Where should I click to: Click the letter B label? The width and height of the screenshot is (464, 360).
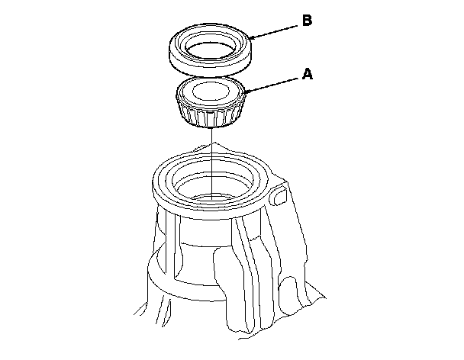coord(307,21)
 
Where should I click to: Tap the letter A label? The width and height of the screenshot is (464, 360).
coord(308,74)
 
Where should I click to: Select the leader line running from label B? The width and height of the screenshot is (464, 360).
coord(273,32)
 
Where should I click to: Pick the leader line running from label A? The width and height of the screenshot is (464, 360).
coord(270,85)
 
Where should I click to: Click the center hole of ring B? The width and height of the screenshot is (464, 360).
coord(211,51)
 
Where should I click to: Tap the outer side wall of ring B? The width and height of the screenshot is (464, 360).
coord(210,67)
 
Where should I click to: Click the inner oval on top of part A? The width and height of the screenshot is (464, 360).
coord(211,91)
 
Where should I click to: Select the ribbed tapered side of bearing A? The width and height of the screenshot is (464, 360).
coord(211,116)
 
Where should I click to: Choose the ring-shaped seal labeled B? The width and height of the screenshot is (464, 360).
coord(211,50)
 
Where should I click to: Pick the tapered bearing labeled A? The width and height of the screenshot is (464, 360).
coord(211,102)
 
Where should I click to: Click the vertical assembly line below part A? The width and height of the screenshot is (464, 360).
coord(212,163)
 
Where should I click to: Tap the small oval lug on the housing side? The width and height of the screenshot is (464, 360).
coord(280,194)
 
